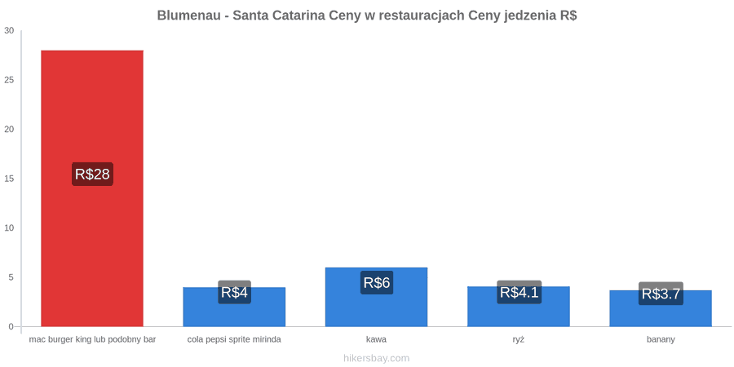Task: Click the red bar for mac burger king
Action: click(92, 188)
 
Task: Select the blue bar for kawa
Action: click(376, 297)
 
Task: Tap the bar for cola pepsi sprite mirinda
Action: click(234, 307)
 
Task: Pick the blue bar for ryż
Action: click(519, 306)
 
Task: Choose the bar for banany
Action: click(661, 308)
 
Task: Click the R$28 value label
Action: click(92, 175)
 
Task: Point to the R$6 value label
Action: click(376, 283)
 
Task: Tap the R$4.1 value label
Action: click(520, 292)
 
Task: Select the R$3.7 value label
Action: click(661, 294)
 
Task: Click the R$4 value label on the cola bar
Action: click(234, 292)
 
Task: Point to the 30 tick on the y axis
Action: click(9, 31)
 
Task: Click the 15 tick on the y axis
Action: click(9, 179)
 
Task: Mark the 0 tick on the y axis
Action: click(11, 327)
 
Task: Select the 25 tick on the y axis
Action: click(9, 80)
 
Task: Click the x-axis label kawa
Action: click(376, 339)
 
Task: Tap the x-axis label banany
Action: click(661, 340)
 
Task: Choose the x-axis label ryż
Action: click(519, 340)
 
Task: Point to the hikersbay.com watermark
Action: click(376, 358)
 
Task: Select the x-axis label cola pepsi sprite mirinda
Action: click(234, 340)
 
